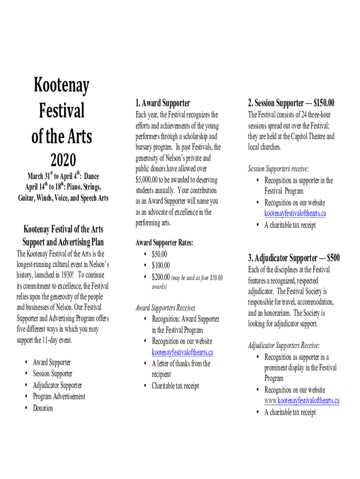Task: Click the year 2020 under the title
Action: pyautogui.click(x=63, y=160)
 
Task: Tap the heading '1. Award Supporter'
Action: pyautogui.click(x=163, y=103)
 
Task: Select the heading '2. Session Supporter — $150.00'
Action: pyautogui.click(x=291, y=103)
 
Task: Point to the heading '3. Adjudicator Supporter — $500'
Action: pyautogui.click(x=294, y=258)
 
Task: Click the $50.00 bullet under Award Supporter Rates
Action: pyautogui.click(x=159, y=254)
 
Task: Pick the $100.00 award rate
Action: pyautogui.click(x=161, y=265)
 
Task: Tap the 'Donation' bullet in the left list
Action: pyautogui.click(x=43, y=408)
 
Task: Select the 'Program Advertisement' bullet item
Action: pyautogui.click(x=59, y=397)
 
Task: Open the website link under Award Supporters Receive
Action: pyautogui.click(x=182, y=352)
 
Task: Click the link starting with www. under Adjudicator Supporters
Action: pyautogui.click(x=302, y=401)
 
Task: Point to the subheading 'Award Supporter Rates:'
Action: pyautogui.click(x=164, y=242)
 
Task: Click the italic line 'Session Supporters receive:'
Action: pyautogui.click(x=278, y=168)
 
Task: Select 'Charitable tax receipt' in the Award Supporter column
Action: pyautogui.click(x=175, y=386)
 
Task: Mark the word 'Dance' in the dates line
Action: pyautogui.click(x=91, y=176)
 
